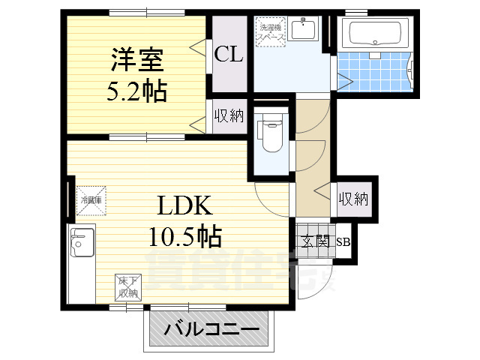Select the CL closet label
point(228,55)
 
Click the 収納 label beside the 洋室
point(229,116)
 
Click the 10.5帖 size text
point(183,237)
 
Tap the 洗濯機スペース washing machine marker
point(270,31)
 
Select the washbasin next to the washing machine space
point(303,29)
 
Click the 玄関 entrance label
point(314,241)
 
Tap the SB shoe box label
point(343,242)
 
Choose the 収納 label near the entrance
point(352,199)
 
